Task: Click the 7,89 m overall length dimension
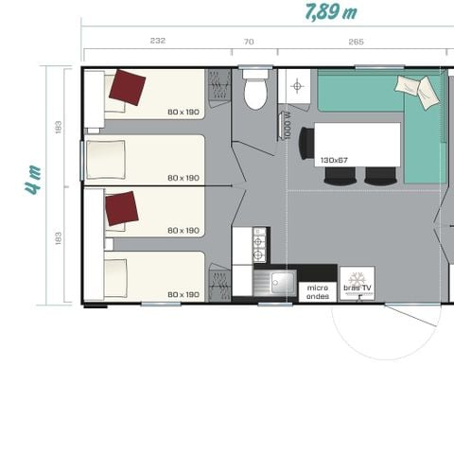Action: click(x=330, y=12)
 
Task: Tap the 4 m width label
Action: click(x=34, y=179)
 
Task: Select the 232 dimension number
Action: click(x=157, y=41)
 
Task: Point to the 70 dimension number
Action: click(x=249, y=41)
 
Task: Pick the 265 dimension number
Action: click(x=356, y=41)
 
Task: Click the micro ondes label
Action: click(x=316, y=289)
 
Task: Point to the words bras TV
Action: click(x=358, y=288)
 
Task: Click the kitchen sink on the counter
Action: click(x=280, y=283)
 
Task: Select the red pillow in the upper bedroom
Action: click(x=128, y=88)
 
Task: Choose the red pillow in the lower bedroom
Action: click(x=121, y=208)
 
